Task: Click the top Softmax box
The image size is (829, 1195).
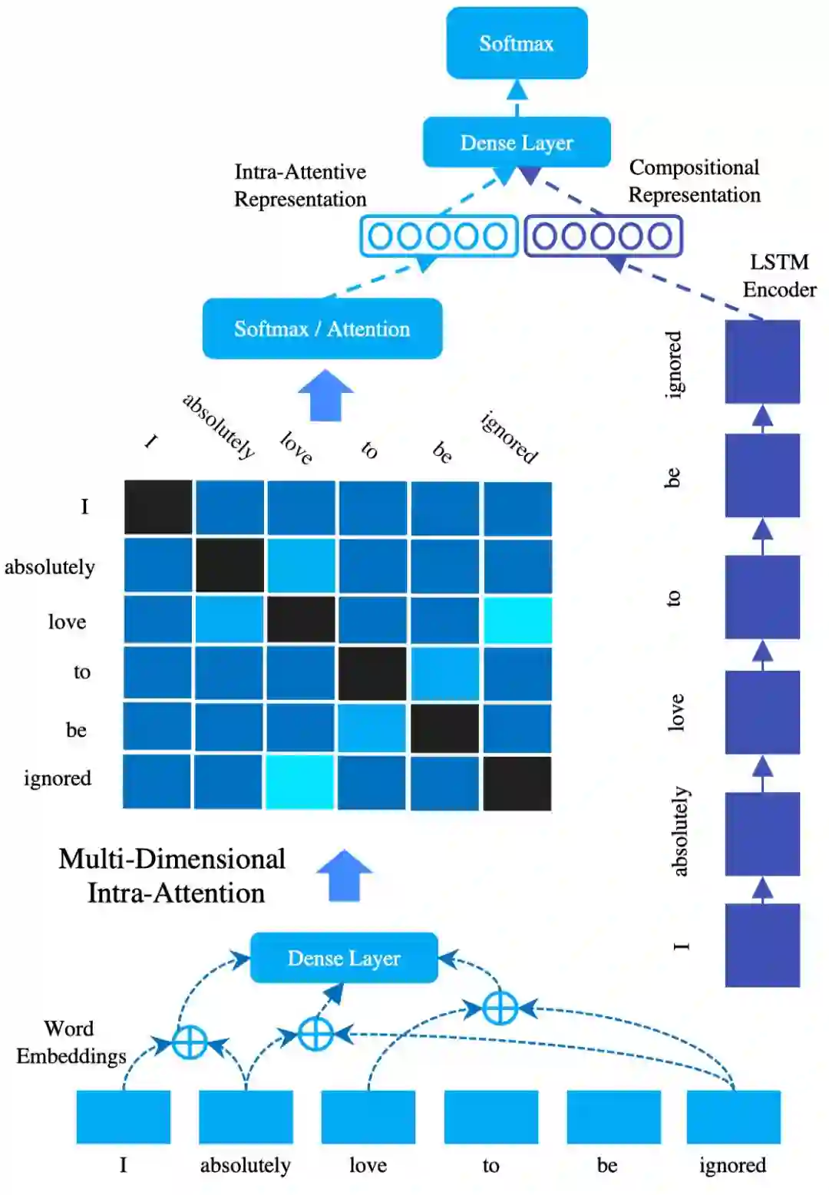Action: pyautogui.click(x=517, y=43)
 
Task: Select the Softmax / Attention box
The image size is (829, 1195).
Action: pyautogui.click(x=322, y=328)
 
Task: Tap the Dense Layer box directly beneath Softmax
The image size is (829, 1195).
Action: pyautogui.click(x=517, y=142)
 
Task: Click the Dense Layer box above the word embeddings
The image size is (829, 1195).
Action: pyautogui.click(x=344, y=958)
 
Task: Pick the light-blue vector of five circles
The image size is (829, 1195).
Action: pyautogui.click(x=438, y=236)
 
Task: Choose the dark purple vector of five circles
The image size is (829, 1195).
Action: pyautogui.click(x=603, y=236)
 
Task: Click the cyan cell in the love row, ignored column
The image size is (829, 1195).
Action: pyautogui.click(x=517, y=620)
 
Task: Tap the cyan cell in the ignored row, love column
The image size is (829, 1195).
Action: pyautogui.click(x=300, y=781)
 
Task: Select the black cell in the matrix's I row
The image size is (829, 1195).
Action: pyautogui.click(x=158, y=507)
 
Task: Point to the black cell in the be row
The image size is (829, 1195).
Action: pyautogui.click(x=444, y=728)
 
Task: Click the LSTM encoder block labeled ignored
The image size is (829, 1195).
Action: pyautogui.click(x=762, y=361)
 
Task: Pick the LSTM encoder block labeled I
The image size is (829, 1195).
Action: pyautogui.click(x=762, y=945)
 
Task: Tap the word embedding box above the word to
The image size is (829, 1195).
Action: pyautogui.click(x=490, y=1117)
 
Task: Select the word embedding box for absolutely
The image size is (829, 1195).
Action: pyautogui.click(x=246, y=1117)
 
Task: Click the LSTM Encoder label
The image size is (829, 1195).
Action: pyautogui.click(x=779, y=276)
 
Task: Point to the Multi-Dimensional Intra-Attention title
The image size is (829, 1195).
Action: pyautogui.click(x=173, y=876)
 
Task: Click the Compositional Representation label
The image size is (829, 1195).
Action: pyautogui.click(x=694, y=181)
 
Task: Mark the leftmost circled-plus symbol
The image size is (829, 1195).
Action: pyautogui.click(x=189, y=1042)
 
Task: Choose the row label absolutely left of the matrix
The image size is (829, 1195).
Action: pyautogui.click(x=50, y=566)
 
